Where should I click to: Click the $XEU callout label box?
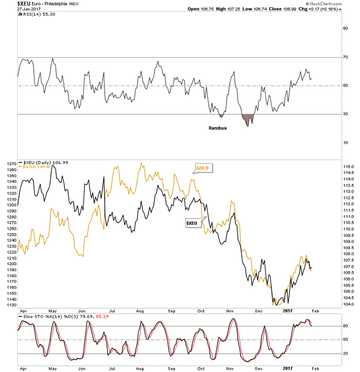click(191, 223)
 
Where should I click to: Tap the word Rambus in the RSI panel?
click(217, 128)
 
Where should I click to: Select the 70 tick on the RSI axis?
click(346, 57)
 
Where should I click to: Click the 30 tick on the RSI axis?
click(346, 114)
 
